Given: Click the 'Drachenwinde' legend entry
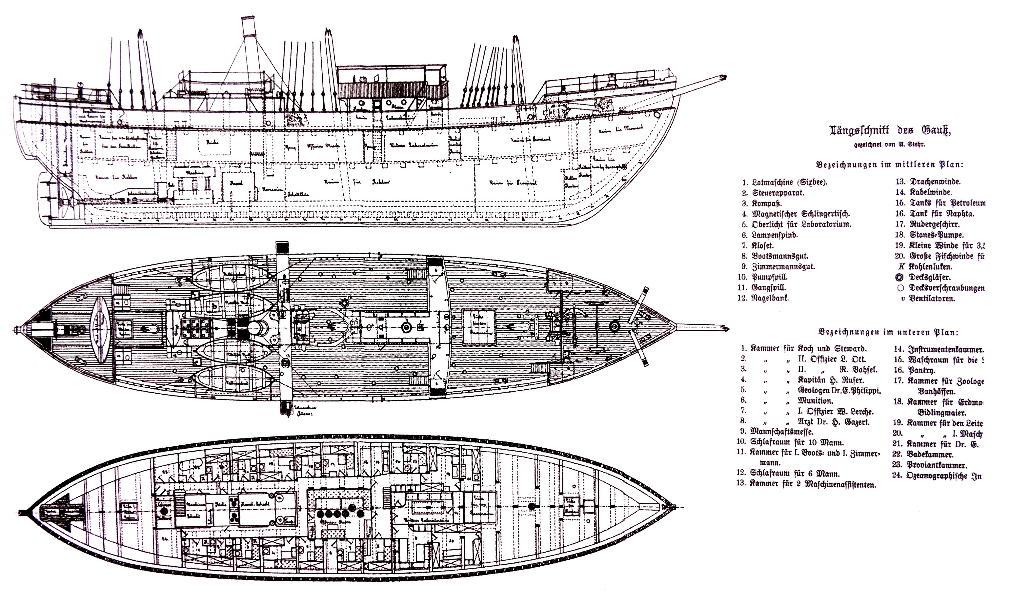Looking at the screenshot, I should [x=931, y=182].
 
